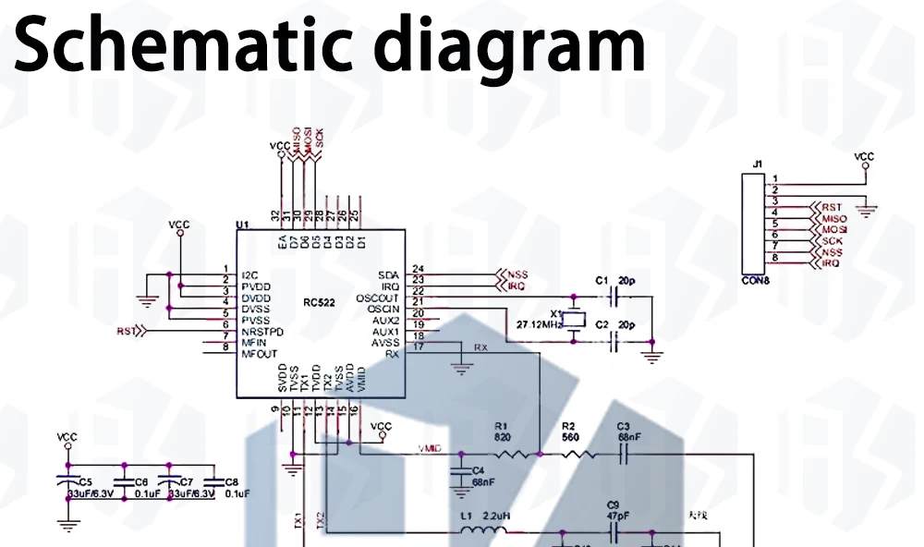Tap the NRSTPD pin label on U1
261,331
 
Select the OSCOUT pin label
378,298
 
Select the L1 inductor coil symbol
482,531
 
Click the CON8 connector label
756,281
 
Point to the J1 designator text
758,164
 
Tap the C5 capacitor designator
85,482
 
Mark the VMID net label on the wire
431,448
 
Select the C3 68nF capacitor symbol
624,454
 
